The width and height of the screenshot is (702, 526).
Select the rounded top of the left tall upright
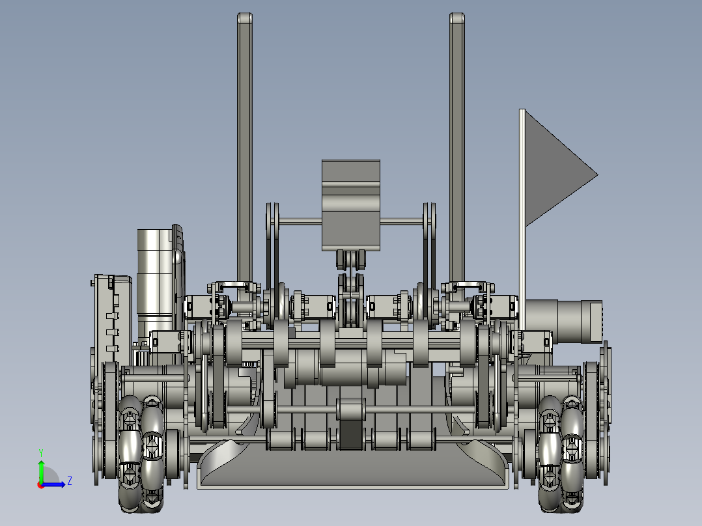(x=244, y=19)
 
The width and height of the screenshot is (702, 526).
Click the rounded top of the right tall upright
(x=457, y=19)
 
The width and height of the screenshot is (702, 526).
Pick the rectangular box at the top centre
(x=350, y=205)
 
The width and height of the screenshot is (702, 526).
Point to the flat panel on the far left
(x=105, y=319)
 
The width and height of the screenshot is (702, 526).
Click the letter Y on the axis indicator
(x=40, y=452)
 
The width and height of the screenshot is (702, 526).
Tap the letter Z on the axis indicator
(x=69, y=481)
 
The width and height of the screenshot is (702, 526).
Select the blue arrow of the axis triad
(x=56, y=484)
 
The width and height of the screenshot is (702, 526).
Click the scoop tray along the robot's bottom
(x=352, y=472)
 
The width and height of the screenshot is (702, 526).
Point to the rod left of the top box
(x=300, y=222)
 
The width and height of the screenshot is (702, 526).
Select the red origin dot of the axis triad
(x=40, y=484)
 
